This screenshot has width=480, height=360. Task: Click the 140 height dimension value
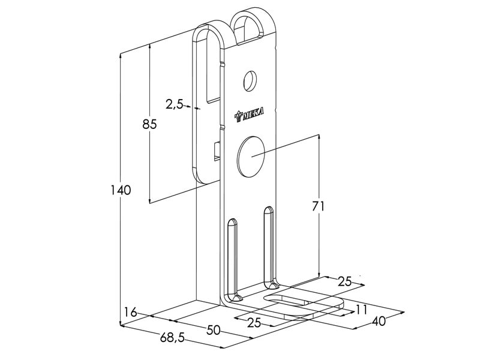tap(121, 190)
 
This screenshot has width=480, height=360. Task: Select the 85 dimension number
tap(149, 125)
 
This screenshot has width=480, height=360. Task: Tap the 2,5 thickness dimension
tap(174, 104)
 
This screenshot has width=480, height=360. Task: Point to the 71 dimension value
tap(318, 206)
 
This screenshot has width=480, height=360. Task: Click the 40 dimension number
tap(378, 322)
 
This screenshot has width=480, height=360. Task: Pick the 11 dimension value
tap(361, 309)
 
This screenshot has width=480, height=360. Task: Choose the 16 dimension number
tap(131, 312)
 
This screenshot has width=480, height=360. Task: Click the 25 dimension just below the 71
tap(344, 281)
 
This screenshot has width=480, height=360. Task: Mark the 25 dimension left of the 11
tap(254, 322)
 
